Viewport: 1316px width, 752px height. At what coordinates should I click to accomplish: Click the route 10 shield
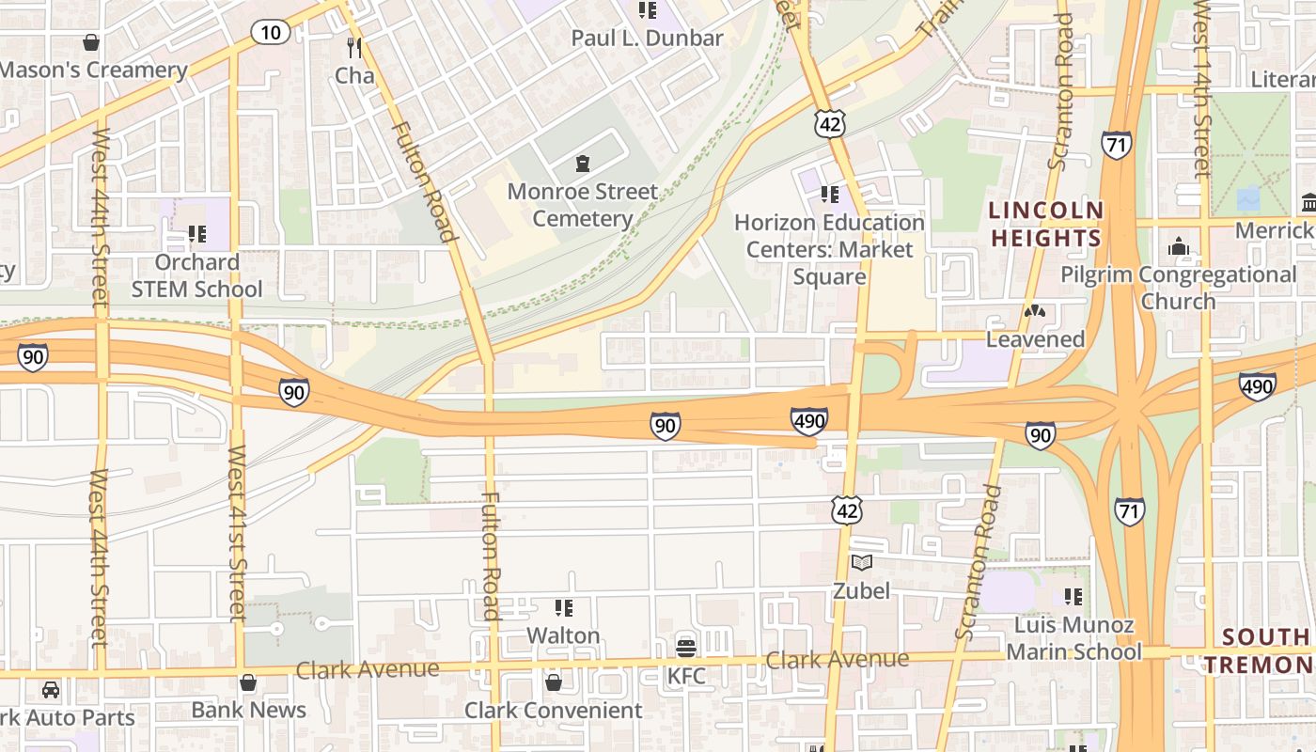[270, 33]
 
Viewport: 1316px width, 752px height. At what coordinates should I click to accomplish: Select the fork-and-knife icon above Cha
[354, 47]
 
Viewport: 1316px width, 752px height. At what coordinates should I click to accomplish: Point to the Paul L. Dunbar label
[648, 39]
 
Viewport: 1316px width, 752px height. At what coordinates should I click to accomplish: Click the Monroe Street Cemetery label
[583, 205]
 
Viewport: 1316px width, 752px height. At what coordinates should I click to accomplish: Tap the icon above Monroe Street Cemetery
[583, 164]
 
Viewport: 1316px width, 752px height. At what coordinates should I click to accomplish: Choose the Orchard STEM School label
[196, 275]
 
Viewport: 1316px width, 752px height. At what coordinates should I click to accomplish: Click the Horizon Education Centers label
[829, 249]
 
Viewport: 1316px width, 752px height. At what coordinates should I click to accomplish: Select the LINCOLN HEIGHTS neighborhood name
[1045, 224]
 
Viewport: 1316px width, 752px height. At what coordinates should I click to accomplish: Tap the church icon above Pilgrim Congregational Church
[1179, 247]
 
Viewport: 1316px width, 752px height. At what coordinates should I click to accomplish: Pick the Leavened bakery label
[1035, 339]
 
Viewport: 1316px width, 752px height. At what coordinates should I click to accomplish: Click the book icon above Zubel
[862, 563]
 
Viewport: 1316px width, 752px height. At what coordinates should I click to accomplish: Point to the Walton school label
[563, 635]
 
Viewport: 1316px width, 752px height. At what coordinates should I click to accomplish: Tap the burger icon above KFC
[686, 648]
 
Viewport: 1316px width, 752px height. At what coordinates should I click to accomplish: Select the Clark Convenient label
[554, 711]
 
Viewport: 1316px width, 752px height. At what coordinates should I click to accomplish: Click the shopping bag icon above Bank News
[248, 681]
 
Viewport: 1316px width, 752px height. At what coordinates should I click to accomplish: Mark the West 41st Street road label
[237, 532]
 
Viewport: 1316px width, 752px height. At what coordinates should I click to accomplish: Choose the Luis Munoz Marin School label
[1073, 638]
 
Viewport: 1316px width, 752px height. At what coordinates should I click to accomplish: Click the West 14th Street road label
[1202, 89]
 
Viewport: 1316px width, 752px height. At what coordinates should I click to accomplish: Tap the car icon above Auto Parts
[51, 690]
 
